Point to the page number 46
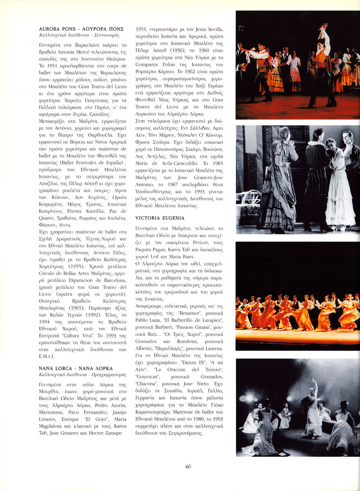click(188, 466)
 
